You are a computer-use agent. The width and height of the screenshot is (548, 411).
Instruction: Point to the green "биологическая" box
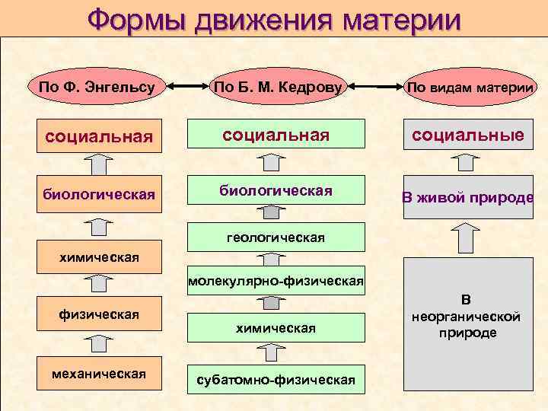tap(276, 190)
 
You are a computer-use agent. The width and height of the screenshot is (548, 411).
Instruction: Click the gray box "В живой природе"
tap(468, 198)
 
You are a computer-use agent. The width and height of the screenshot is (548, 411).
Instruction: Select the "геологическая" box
tap(276, 237)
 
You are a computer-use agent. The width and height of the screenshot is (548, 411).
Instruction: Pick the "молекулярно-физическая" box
tap(276, 282)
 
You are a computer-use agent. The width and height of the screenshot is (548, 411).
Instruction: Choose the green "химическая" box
tap(276, 327)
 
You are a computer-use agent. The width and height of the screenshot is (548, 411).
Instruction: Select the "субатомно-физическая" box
tap(276, 379)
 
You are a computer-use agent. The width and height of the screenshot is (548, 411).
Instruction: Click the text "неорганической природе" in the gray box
tap(466, 325)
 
